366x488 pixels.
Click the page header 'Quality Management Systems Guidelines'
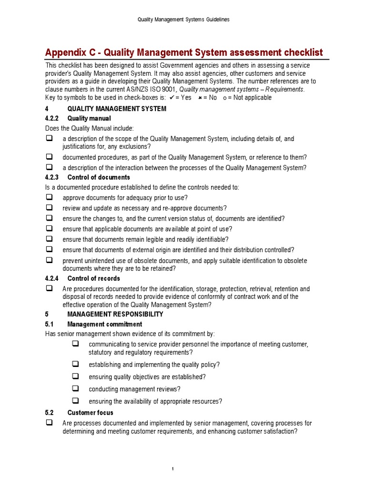click(x=183, y=20)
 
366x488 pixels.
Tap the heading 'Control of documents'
click(x=99, y=177)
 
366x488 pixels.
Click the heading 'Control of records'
click(x=93, y=278)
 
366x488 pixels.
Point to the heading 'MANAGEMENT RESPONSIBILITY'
click(x=115, y=314)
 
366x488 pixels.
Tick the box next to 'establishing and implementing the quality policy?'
click(x=75, y=364)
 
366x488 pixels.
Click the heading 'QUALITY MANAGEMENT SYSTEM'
click(x=117, y=109)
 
